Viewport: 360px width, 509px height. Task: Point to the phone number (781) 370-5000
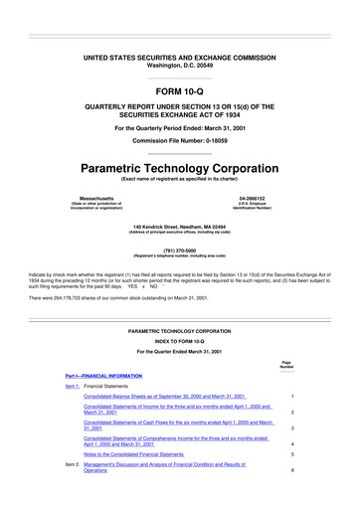pyautogui.click(x=179, y=251)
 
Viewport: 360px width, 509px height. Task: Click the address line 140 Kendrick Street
pyautogui.click(x=179, y=228)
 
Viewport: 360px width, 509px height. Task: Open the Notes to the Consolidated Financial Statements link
pyautogui.click(x=147, y=456)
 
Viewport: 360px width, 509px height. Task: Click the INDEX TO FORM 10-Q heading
pyautogui.click(x=179, y=333)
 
